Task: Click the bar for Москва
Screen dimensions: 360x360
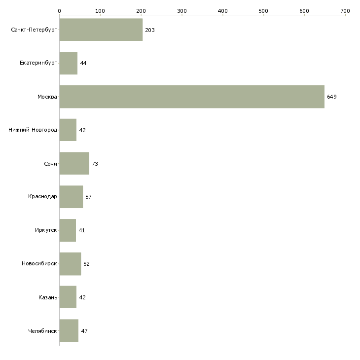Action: [x=192, y=97]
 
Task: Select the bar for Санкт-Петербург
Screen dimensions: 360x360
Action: [x=101, y=30]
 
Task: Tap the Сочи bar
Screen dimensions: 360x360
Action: [x=74, y=163]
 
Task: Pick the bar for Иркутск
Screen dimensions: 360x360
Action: [x=68, y=230]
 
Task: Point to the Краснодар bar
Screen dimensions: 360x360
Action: [x=71, y=197]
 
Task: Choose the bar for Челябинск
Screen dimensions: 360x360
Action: [x=69, y=330]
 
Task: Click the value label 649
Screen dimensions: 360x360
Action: [x=331, y=97]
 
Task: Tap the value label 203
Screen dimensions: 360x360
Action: [x=150, y=31]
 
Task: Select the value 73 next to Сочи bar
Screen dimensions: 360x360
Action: [x=95, y=164]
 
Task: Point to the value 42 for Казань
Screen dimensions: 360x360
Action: [x=82, y=297]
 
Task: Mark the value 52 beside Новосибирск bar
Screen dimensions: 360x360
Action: [x=86, y=264]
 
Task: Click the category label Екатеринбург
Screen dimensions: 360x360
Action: [x=38, y=64]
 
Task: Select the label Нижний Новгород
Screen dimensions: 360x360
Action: [x=33, y=130]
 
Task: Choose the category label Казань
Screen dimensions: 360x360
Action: [x=48, y=297]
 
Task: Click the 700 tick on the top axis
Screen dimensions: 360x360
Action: [x=345, y=10]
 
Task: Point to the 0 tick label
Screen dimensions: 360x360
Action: [x=59, y=10]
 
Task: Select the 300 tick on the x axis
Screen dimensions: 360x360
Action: [x=182, y=10]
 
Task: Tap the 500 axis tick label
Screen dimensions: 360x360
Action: [x=263, y=10]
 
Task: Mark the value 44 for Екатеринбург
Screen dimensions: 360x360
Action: [x=83, y=64]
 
